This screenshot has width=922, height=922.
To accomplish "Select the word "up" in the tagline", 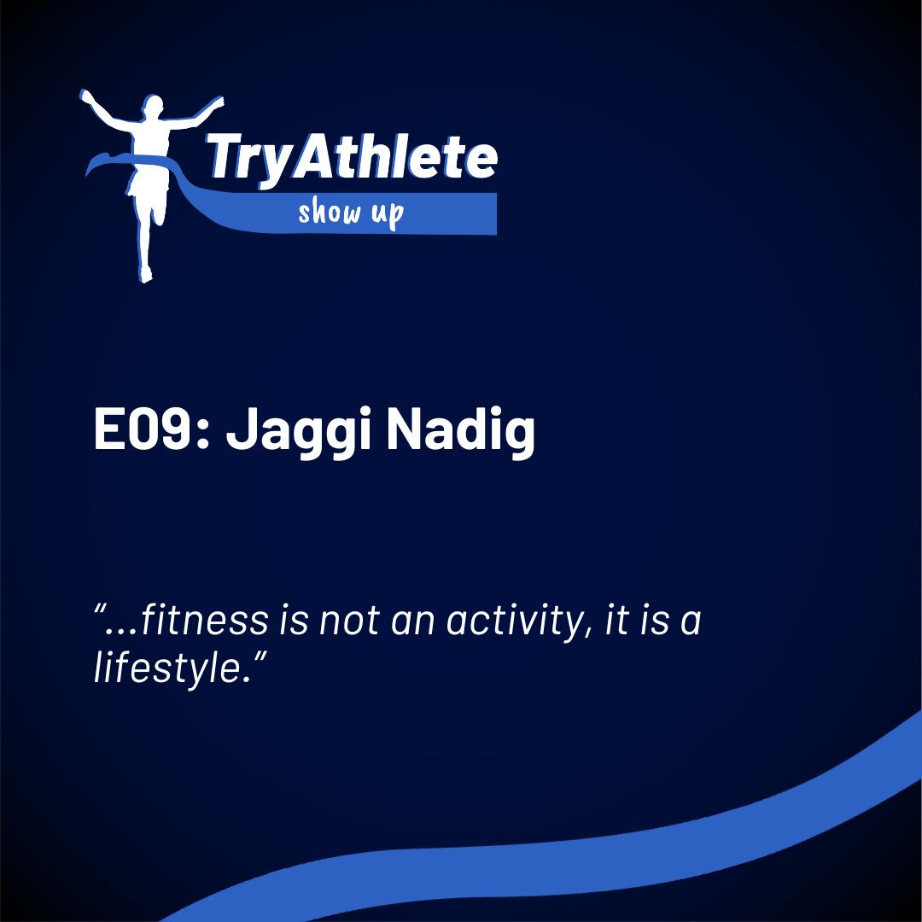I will (x=387, y=214).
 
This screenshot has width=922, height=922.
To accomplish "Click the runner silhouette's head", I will (x=153, y=110).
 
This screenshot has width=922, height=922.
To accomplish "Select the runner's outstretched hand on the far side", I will (x=86, y=96).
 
